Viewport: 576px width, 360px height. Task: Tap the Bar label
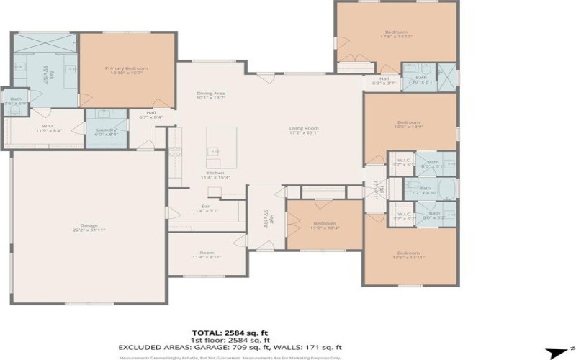205,207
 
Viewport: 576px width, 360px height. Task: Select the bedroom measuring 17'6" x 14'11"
396,34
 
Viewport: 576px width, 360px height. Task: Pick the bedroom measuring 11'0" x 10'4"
325,225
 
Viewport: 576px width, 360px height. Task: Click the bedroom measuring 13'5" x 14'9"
408,125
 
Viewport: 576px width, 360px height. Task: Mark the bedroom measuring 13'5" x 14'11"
408,254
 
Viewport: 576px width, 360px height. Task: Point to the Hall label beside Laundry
151,114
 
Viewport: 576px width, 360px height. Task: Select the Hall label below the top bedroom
384,81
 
